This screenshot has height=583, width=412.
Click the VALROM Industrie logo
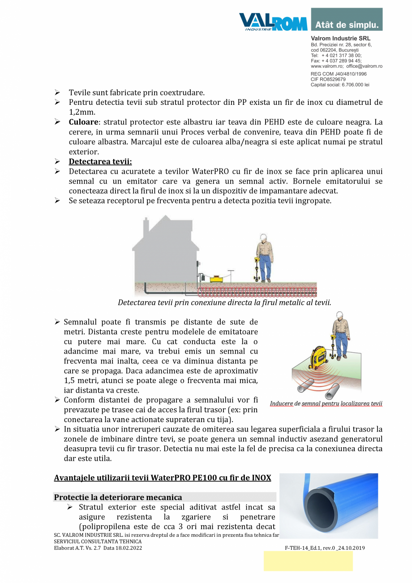pos(273,22)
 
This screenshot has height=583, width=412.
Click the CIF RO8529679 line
pos(328,79)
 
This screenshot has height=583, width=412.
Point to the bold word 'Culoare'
pos(83,122)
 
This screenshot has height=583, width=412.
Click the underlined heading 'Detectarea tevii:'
pos(100,162)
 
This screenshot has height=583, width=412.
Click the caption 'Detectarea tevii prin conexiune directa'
pos(224,302)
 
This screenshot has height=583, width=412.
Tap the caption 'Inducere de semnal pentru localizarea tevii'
pos(326,403)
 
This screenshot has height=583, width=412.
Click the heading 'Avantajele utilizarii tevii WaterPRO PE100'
pos(163,478)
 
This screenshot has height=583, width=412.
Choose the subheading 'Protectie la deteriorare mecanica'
pos(118,497)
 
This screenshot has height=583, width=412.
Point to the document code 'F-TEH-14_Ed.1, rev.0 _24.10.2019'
pos(325,548)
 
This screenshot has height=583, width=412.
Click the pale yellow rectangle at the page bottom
pos(308,561)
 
